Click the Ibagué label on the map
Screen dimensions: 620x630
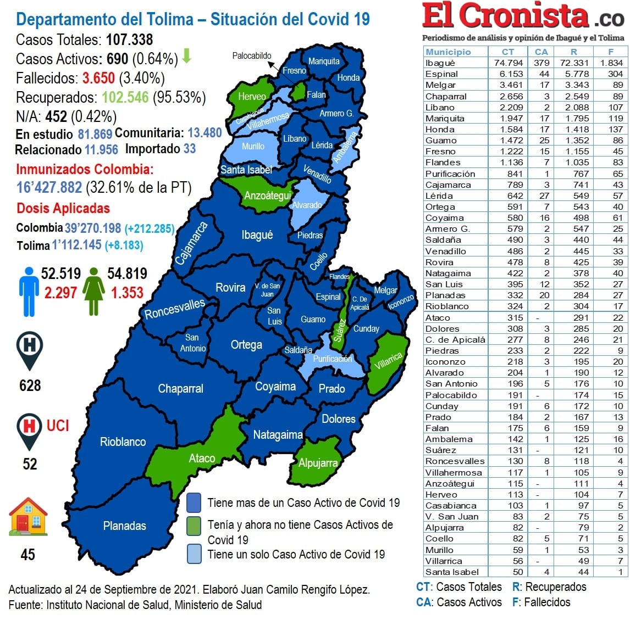[x=257, y=235]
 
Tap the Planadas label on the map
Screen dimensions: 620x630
[x=125, y=526]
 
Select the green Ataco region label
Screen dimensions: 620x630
[x=202, y=458]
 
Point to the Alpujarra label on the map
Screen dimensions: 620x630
[x=318, y=463]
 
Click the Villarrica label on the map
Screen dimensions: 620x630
[x=388, y=361]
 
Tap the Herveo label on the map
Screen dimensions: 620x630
[x=252, y=97]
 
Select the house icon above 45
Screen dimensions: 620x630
[x=28, y=517]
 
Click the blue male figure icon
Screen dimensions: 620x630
[x=29, y=292]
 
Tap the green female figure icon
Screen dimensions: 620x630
[x=94, y=291]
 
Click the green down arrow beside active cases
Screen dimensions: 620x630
[x=186, y=56]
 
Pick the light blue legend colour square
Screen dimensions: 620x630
[x=194, y=554]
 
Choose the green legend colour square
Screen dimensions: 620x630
[x=194, y=526]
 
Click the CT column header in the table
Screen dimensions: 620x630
[x=508, y=52]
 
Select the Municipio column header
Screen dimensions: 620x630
[x=448, y=52]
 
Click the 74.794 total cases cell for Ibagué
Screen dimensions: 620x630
[x=508, y=63]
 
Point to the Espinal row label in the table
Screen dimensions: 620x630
[x=441, y=74]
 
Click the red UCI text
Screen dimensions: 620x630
[x=58, y=426]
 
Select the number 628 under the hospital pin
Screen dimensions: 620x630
[x=30, y=386]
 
